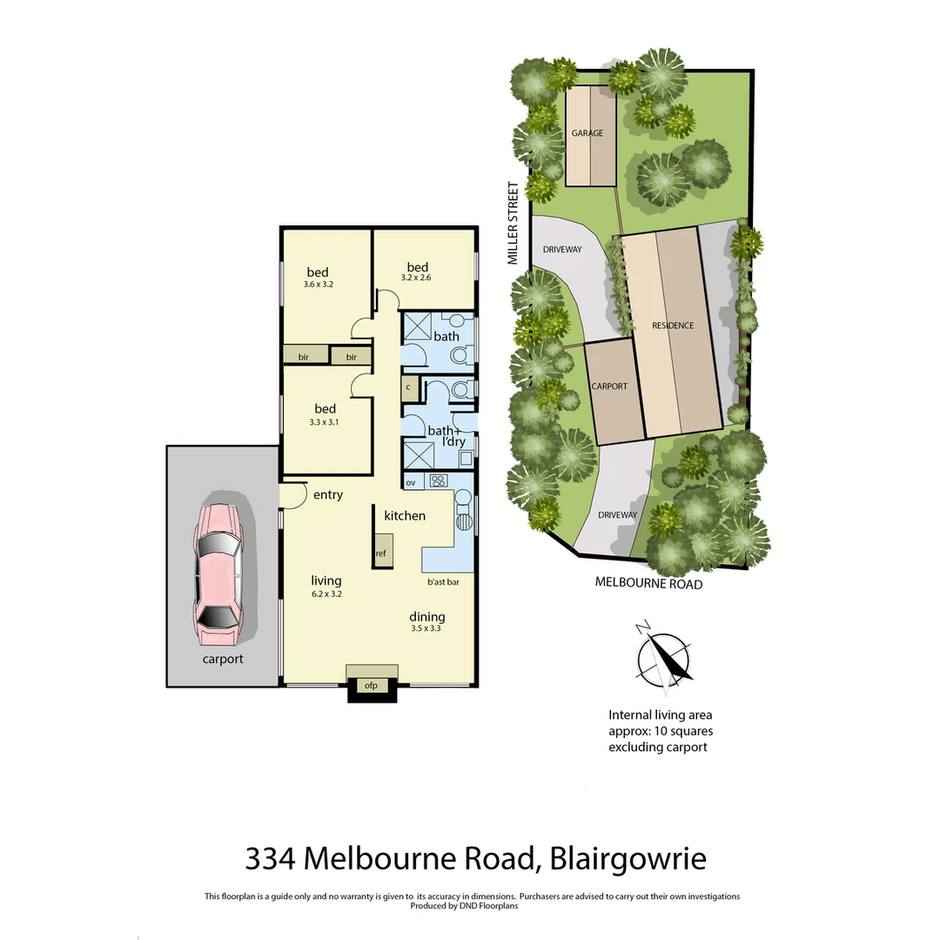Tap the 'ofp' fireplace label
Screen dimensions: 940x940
tap(371, 685)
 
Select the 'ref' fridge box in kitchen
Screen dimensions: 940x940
tap(381, 553)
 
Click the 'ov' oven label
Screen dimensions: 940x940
tap(411, 481)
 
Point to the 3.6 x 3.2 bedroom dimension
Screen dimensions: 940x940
tap(318, 285)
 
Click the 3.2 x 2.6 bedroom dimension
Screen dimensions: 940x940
tap(416, 279)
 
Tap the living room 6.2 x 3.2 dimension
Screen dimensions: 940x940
tap(326, 594)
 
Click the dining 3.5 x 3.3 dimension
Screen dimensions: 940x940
tap(426, 628)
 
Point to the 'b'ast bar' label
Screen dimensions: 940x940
tap(443, 581)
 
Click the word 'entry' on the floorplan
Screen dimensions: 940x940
tap(327, 494)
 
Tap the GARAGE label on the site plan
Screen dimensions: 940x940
tap(587, 133)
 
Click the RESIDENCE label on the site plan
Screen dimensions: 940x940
tap(673, 326)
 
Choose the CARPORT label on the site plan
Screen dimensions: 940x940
tap(609, 386)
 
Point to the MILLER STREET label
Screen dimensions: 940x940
tap(514, 223)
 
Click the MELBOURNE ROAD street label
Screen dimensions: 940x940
tap(648, 583)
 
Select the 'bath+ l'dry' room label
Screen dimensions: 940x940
tap(445, 436)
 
